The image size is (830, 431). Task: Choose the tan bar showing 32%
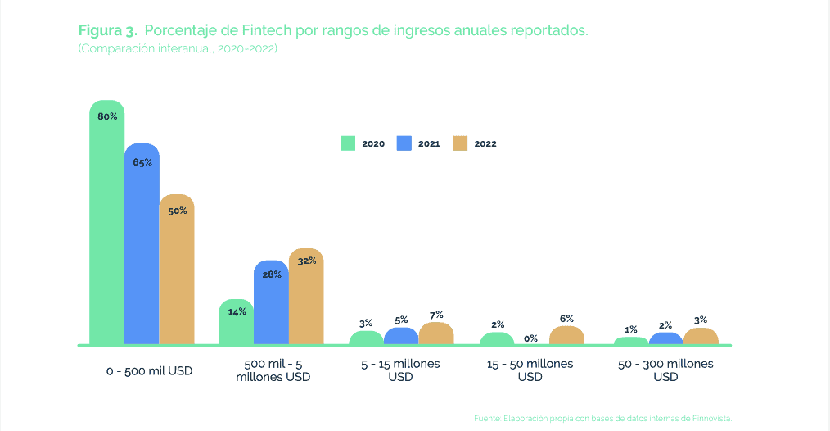(x=306, y=296)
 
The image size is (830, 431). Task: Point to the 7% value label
(x=436, y=315)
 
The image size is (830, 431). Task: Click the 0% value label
(x=530, y=338)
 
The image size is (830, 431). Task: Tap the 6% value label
(x=566, y=319)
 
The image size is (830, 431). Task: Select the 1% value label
(x=631, y=329)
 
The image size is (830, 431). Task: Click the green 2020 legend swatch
(x=348, y=143)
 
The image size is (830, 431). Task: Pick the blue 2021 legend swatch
(x=404, y=143)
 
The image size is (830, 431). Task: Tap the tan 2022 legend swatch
(x=460, y=143)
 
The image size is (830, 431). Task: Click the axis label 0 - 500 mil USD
(x=149, y=370)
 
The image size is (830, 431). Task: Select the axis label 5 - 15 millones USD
(x=401, y=370)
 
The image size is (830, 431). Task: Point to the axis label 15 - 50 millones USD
(x=530, y=370)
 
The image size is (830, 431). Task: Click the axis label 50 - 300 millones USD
(x=665, y=370)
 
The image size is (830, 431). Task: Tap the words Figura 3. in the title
(x=107, y=30)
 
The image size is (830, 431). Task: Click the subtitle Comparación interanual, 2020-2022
(x=178, y=49)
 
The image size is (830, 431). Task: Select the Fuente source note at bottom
(x=602, y=419)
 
